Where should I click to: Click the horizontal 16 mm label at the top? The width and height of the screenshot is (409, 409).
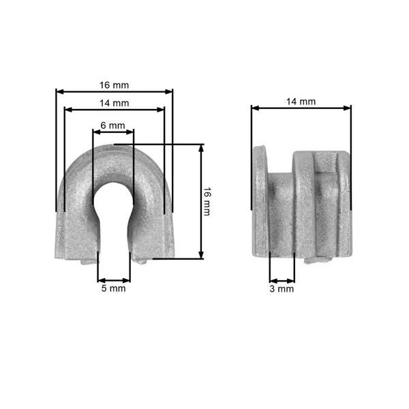tap(115, 85)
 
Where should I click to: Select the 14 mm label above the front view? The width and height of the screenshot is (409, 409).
tap(115, 104)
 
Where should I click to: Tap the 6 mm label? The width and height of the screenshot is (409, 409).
tap(113, 125)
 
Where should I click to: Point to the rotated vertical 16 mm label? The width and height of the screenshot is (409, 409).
tap(207, 201)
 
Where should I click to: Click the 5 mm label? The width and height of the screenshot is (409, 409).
tap(113, 288)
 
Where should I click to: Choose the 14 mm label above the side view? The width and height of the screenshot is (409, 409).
tap(301, 102)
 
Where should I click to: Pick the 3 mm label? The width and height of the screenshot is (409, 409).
tap(282, 289)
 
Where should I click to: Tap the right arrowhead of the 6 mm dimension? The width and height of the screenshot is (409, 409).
tap(130, 132)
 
